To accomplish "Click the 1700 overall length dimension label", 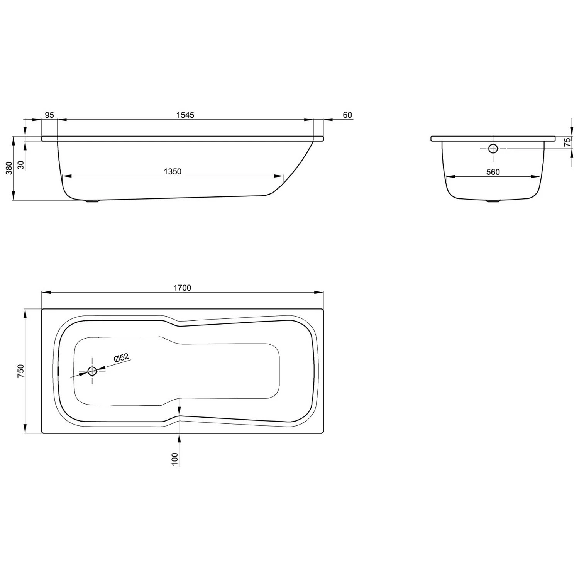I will click(182, 288).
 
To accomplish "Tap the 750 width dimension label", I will click(21, 371).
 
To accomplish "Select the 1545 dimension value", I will click(185, 115).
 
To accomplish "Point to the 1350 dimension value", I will click(173, 171).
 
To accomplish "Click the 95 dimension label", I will click(49, 115).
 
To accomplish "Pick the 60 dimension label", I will click(347, 115).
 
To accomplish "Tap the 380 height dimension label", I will click(9, 168).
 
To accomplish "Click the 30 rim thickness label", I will click(21, 165).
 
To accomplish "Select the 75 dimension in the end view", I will click(567, 142).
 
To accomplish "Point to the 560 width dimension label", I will click(493, 172).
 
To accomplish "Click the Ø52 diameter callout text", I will click(121, 358).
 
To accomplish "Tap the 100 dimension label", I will click(175, 459).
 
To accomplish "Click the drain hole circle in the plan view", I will click(92, 371).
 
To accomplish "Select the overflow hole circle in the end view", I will click(493, 148).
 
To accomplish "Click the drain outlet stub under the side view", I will click(92, 201).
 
